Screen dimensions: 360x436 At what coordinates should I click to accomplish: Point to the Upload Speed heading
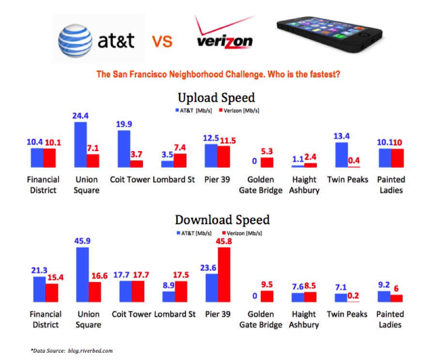[216, 97]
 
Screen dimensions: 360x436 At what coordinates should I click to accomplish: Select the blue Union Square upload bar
[80, 144]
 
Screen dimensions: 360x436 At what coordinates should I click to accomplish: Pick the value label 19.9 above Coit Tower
[125, 124]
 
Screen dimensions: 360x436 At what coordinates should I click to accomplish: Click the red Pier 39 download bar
[224, 275]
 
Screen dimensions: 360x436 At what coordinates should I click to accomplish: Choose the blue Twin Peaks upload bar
[342, 155]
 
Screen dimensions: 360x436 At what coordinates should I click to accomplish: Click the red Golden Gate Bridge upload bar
[267, 162]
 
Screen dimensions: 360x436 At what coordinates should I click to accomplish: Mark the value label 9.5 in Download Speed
[267, 284]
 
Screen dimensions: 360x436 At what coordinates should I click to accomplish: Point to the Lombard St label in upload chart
[174, 179]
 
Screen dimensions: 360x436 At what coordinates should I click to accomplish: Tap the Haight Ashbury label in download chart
[304, 319]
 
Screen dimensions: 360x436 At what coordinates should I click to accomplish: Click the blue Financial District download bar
[39, 289]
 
